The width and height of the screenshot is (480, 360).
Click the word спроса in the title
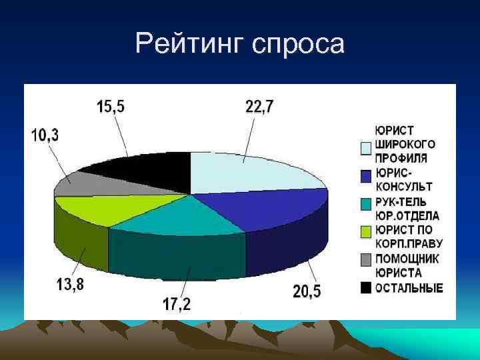(x=299, y=45)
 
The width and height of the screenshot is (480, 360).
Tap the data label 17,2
(x=176, y=304)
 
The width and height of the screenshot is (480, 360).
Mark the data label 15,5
(x=110, y=106)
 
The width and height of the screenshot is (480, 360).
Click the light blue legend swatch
(x=366, y=148)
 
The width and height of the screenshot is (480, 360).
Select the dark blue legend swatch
(x=366, y=176)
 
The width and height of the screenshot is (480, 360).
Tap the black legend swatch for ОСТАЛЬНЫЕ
(x=366, y=288)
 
